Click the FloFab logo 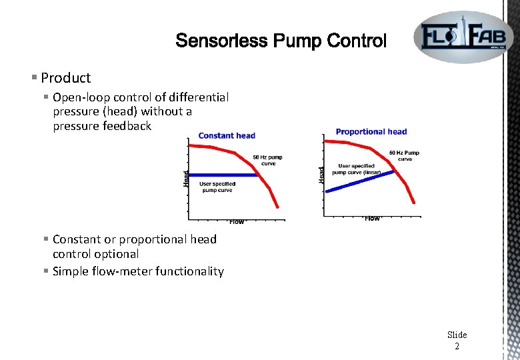pyautogui.click(x=463, y=37)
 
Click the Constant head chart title pyautogui.click(x=227, y=135)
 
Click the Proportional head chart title pyautogui.click(x=371, y=131)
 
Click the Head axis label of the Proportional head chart pyautogui.click(x=321, y=175)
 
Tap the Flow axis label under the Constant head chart pyautogui.click(x=237, y=221)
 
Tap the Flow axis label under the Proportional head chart pyautogui.click(x=372, y=218)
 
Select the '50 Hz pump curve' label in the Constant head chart pyautogui.click(x=267, y=160)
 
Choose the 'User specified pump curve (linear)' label pyautogui.click(x=356, y=169)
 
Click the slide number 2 pyautogui.click(x=457, y=346)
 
